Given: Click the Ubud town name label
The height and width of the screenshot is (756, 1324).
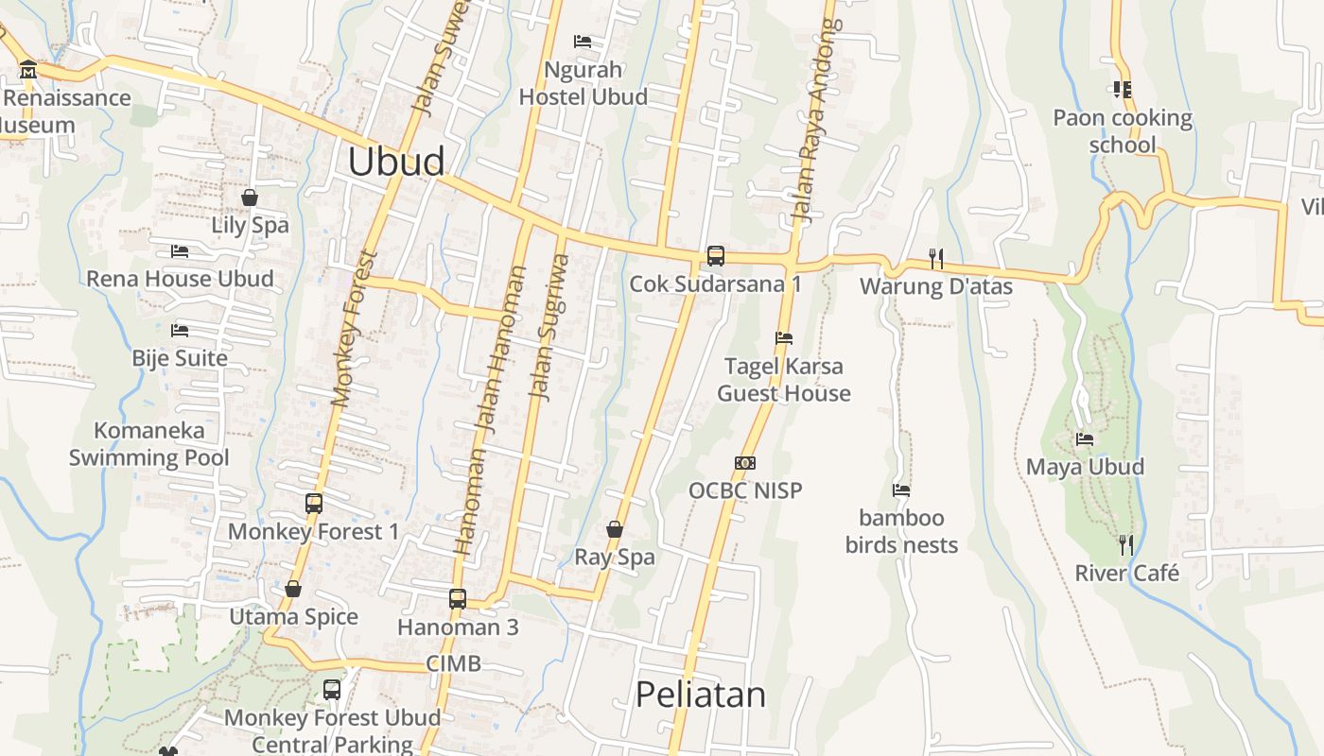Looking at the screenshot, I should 395,162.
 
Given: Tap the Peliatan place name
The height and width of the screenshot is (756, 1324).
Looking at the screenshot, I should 700,695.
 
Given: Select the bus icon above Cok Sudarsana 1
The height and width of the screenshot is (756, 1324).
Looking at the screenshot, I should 716,255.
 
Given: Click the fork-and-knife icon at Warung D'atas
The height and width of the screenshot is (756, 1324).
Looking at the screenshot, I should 936,258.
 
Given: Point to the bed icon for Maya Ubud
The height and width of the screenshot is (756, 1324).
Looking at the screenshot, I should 1085,439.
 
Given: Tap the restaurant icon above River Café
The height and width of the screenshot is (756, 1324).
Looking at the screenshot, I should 1126,544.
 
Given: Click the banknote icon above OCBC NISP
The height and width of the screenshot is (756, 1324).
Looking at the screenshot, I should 745,463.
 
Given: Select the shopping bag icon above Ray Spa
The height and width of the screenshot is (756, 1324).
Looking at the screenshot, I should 615,529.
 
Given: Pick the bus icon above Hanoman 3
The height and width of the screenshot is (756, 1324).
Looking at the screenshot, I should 458,598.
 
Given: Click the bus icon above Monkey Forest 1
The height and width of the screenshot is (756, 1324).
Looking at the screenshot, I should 314,504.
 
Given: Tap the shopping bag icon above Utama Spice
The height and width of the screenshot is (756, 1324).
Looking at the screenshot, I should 293,589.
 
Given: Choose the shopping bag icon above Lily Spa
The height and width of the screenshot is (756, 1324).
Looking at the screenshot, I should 250,198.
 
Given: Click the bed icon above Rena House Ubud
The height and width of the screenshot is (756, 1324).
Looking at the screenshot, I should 180,251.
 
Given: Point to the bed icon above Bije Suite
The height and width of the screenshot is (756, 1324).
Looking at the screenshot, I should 180,331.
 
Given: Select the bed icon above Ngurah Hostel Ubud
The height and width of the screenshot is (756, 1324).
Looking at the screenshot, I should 583,42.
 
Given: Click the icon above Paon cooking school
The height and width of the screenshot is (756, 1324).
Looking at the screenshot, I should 1123,90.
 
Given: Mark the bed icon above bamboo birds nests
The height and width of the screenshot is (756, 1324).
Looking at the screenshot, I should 901,490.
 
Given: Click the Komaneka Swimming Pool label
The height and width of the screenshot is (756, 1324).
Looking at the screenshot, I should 149,444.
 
